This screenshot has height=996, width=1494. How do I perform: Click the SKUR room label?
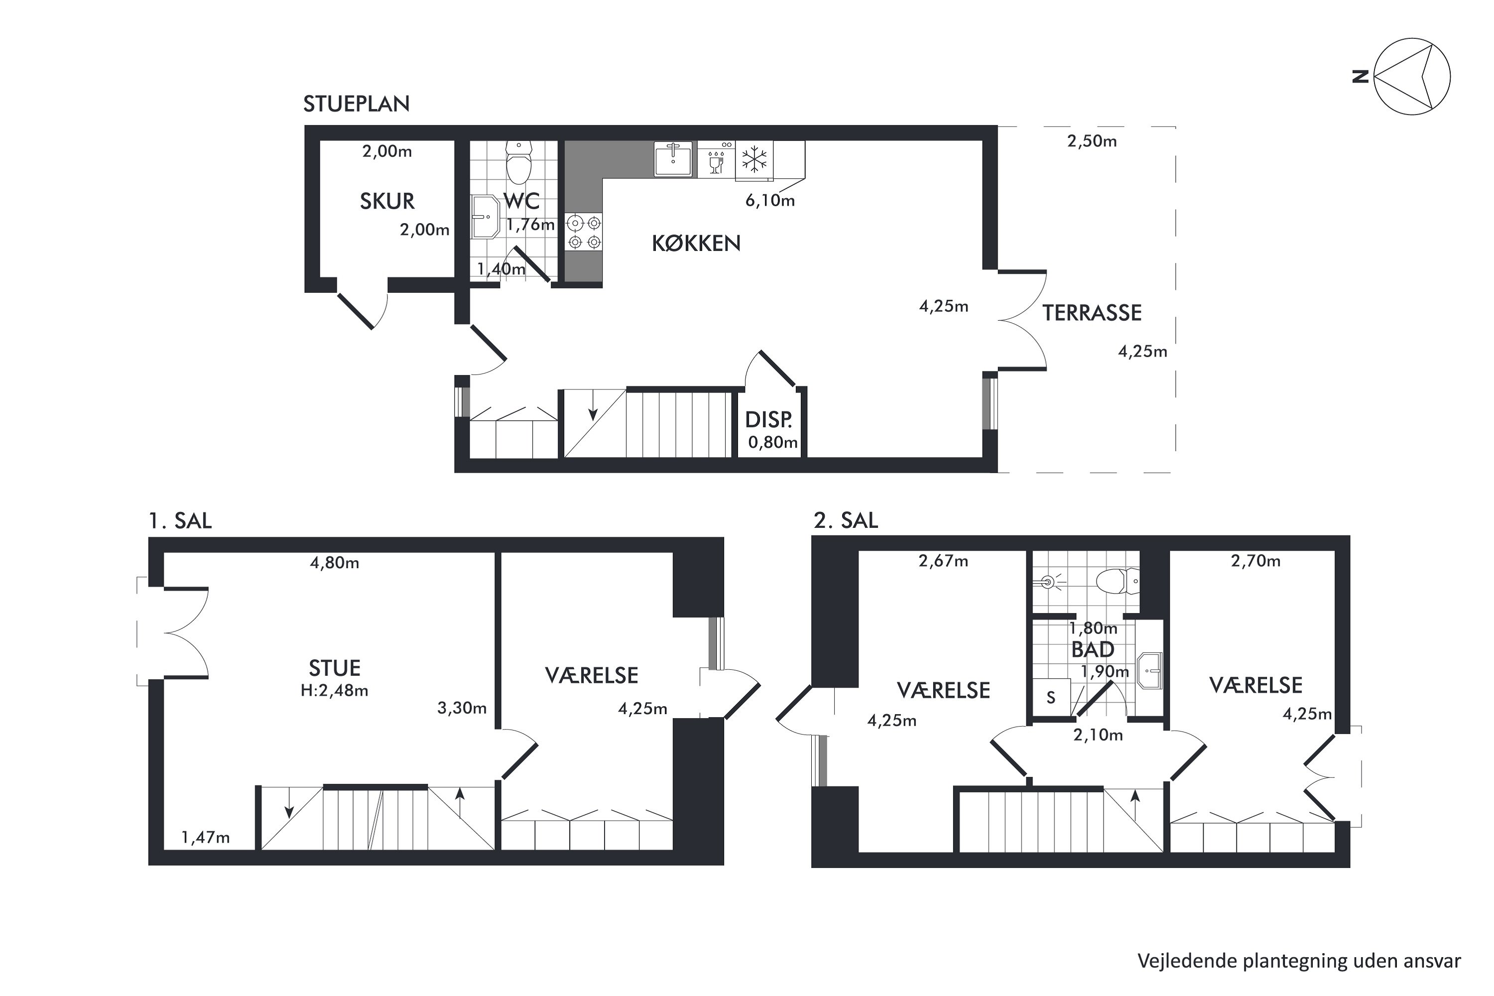387,201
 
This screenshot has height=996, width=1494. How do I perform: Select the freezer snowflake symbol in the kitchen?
754,159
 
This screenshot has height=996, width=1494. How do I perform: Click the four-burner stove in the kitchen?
584,233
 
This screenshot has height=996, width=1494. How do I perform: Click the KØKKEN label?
696,244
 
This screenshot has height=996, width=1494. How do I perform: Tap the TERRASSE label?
1092,313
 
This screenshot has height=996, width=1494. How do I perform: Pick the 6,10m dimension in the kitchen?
770,201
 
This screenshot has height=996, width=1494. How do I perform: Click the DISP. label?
768,420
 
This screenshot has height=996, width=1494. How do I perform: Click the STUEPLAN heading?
357,104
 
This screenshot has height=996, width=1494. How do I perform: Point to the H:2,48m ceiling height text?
335,690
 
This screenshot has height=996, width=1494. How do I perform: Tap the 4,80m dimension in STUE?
335,563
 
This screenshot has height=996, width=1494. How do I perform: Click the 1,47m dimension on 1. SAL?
206,837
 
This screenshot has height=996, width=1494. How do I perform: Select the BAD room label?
1093,649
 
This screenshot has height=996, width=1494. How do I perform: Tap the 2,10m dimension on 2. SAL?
1098,735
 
